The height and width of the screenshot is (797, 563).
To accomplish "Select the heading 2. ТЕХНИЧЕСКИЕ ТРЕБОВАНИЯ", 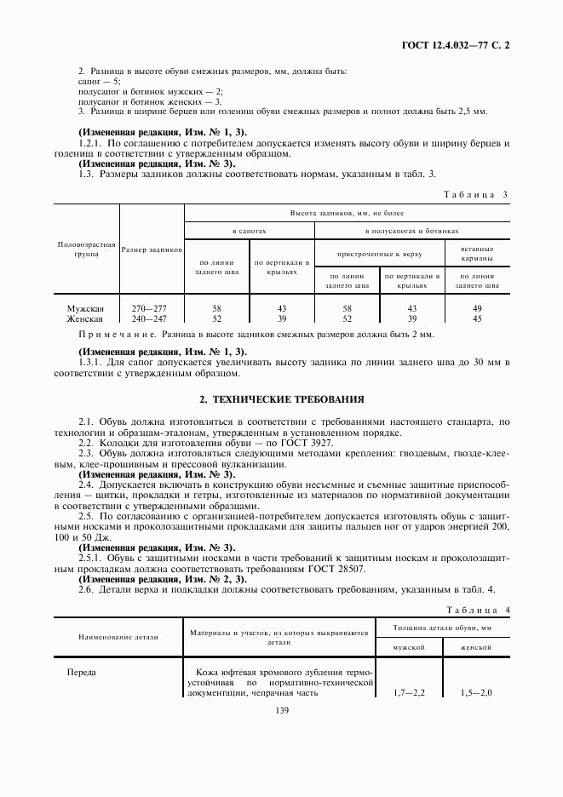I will pos(282,398).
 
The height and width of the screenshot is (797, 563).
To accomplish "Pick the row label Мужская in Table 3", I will pos(85,308).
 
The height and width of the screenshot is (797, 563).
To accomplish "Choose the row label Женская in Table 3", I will pos(85,318).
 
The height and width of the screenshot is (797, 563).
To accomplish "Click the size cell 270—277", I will pos(151,308).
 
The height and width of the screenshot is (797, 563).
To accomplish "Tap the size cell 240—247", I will pos(151,318).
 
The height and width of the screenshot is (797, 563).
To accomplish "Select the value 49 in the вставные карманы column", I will pos(477,308).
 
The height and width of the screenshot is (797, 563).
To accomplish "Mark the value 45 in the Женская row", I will pos(477,318).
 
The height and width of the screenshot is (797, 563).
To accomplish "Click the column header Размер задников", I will pos(152,249).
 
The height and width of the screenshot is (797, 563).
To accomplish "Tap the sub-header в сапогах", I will pos(250,231).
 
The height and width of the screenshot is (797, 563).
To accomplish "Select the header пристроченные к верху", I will pos(379,253).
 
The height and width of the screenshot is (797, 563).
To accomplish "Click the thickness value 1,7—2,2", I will pos(413,692).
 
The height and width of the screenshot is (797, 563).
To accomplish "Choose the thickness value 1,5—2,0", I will pos(476,692).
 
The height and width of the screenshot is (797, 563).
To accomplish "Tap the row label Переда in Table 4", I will pos(82,672).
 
